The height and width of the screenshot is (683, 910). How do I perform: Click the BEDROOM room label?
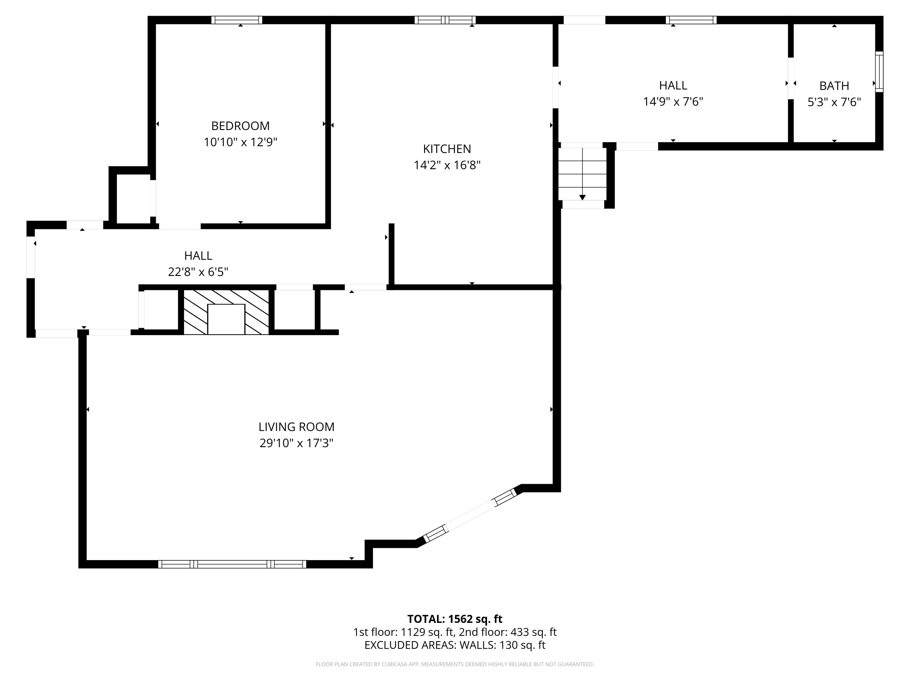pos(240,126)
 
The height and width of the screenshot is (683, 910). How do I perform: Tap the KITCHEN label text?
pos(447,149)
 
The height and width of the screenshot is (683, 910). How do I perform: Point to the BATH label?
pos(834,86)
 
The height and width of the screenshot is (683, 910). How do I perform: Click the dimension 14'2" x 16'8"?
pos(447,165)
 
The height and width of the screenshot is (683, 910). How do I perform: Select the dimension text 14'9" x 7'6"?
pos(673,101)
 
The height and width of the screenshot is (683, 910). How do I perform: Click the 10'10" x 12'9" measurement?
pos(240,142)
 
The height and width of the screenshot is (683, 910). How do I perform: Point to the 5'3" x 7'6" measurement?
pos(834,102)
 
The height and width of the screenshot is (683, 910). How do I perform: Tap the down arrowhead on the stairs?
pos(582,198)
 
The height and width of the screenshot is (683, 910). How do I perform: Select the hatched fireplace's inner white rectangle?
pos(226,319)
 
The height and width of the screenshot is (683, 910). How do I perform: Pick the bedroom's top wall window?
pos(237,20)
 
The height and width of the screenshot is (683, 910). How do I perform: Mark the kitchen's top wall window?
pos(445,20)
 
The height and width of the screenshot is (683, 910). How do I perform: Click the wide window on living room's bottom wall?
pos(232,564)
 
